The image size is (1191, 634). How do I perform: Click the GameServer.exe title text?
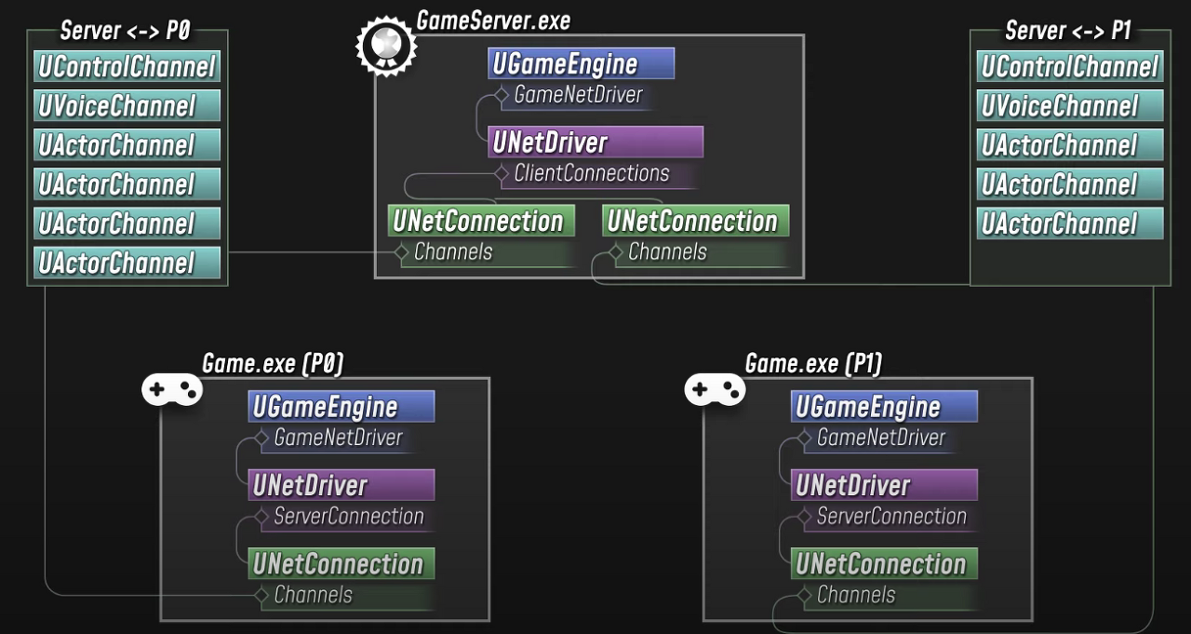(x=493, y=20)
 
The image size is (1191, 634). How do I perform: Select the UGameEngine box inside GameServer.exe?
(x=581, y=64)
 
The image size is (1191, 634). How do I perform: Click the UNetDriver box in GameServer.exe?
(x=595, y=142)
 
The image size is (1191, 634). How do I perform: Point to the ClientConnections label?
(x=591, y=174)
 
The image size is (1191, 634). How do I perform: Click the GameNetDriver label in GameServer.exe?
(x=578, y=95)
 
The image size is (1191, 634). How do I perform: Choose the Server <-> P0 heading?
(x=125, y=31)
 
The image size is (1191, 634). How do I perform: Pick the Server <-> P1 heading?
(x=1068, y=31)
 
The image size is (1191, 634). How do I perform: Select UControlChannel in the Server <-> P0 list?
(x=127, y=67)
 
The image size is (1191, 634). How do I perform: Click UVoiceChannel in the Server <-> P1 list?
(x=1069, y=106)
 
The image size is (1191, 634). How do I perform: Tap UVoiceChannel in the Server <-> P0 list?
(x=127, y=106)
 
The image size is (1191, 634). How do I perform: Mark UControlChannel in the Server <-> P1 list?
(x=1069, y=67)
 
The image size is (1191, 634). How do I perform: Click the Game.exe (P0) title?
(x=273, y=364)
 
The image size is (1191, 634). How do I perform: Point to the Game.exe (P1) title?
(x=813, y=364)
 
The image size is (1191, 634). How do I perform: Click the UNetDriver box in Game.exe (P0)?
(x=341, y=485)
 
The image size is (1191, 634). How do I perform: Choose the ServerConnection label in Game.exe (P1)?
(x=891, y=517)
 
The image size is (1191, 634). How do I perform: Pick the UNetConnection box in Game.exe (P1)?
(x=884, y=564)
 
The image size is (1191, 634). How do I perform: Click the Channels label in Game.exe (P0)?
(x=314, y=595)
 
